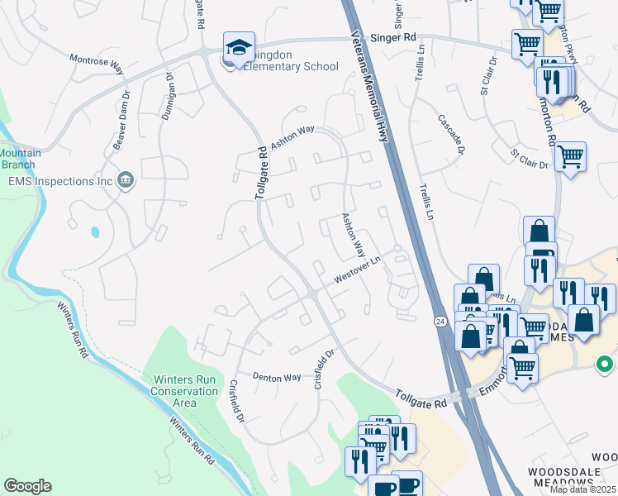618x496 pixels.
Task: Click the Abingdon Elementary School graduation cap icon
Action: pyautogui.click(x=238, y=46)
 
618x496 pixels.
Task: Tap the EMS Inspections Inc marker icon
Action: pyautogui.click(x=126, y=180)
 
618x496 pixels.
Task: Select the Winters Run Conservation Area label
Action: pyautogui.click(x=185, y=391)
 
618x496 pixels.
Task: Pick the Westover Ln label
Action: pyautogui.click(x=356, y=272)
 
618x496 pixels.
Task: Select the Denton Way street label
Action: pyautogui.click(x=276, y=377)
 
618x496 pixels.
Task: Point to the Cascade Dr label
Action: pyautogui.click(x=452, y=134)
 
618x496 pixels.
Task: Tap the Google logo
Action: pyautogui.click(x=27, y=486)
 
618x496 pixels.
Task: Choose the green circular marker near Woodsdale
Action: pyautogui.click(x=606, y=363)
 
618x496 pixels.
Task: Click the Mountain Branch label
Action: pyautogui.click(x=16, y=159)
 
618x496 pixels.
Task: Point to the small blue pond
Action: pyautogui.click(x=96, y=232)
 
